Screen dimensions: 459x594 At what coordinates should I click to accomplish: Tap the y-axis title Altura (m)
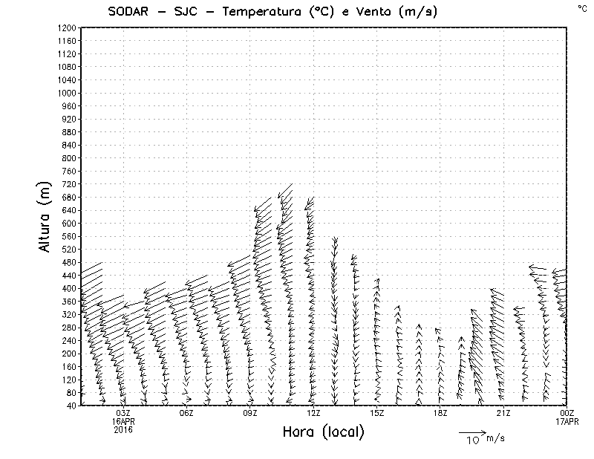[45, 216]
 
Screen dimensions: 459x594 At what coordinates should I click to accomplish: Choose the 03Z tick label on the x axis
[123, 413]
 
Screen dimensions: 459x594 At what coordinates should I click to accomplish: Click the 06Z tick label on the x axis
[186, 413]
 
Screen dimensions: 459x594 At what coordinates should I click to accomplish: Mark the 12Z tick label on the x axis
[313, 413]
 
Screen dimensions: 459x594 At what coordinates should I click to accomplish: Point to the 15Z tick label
[376, 413]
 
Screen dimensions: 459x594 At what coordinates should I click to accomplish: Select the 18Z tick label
[440, 413]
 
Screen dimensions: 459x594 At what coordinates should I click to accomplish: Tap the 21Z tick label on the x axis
[503, 413]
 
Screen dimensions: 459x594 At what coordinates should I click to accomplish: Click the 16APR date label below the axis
[123, 421]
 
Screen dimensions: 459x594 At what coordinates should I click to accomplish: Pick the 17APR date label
[567, 421]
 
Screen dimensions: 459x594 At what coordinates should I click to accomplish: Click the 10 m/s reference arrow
[471, 432]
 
